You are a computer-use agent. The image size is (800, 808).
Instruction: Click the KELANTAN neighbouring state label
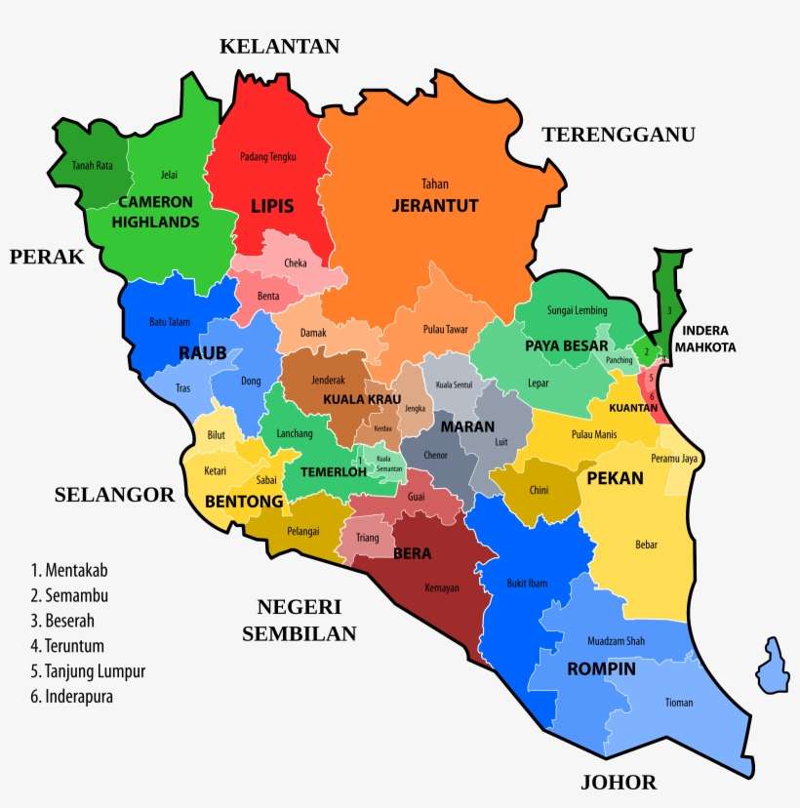pyautogui.click(x=279, y=46)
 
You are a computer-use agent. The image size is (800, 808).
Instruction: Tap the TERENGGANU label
pyautogui.click(x=619, y=135)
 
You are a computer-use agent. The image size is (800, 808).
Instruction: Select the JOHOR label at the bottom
pyautogui.click(x=619, y=782)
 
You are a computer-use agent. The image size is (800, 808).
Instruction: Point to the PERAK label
pyautogui.click(x=47, y=257)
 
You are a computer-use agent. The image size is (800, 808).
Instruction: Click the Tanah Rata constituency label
pyautogui.click(x=92, y=166)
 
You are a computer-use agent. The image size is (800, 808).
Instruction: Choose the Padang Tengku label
pyautogui.click(x=267, y=156)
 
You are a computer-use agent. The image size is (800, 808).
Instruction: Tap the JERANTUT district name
pyautogui.click(x=434, y=206)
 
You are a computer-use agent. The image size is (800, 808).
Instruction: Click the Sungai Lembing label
pyautogui.click(x=577, y=310)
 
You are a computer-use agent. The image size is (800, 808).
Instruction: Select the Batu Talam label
pyautogui.click(x=170, y=321)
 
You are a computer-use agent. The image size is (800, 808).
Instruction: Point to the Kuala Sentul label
pyautogui.click(x=454, y=384)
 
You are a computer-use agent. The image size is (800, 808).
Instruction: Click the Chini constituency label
pyautogui.click(x=539, y=490)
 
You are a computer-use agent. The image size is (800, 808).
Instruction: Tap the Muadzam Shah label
pyautogui.click(x=616, y=641)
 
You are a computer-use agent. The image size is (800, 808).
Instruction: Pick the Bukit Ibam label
pyautogui.click(x=527, y=584)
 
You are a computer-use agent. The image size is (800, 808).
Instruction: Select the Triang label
pyautogui.click(x=368, y=538)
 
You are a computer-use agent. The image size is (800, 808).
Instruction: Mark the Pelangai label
pyautogui.click(x=303, y=532)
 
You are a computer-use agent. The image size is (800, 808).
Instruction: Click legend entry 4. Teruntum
pyautogui.click(x=67, y=646)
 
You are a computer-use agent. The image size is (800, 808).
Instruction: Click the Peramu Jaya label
pyautogui.click(x=674, y=458)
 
